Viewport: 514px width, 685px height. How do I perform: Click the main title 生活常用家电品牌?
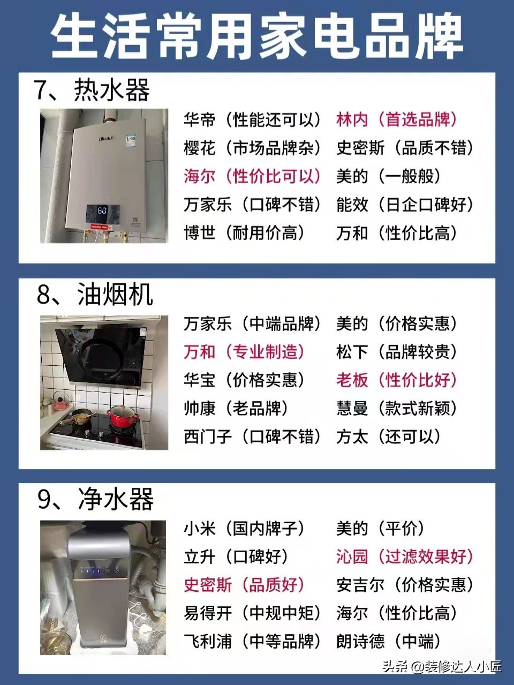257,36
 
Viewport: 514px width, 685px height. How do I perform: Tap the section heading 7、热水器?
92,89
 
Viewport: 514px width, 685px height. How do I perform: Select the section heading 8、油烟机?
95,295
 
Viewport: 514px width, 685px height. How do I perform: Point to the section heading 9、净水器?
95,499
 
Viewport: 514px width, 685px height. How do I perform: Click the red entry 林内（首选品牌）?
397,119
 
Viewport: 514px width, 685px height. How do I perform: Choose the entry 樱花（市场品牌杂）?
252,148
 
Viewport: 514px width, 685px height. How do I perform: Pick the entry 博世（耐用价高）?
244,232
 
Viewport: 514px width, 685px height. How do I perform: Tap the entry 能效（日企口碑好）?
405,204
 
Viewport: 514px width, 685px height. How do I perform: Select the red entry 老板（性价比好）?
397,380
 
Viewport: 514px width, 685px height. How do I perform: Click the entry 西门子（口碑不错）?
252,436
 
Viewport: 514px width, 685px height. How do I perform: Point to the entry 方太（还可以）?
388,436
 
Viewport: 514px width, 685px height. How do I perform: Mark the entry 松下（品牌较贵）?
397,352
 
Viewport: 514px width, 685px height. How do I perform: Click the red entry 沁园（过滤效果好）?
405,556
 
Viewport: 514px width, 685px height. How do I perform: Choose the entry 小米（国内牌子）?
244,529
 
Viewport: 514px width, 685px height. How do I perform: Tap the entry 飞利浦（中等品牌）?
252,641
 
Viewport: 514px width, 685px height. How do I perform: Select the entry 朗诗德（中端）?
388,641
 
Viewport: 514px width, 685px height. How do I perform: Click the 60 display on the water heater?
101,210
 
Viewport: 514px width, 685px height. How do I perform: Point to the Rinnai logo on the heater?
105,138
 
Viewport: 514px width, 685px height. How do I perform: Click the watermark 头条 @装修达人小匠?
441,667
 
